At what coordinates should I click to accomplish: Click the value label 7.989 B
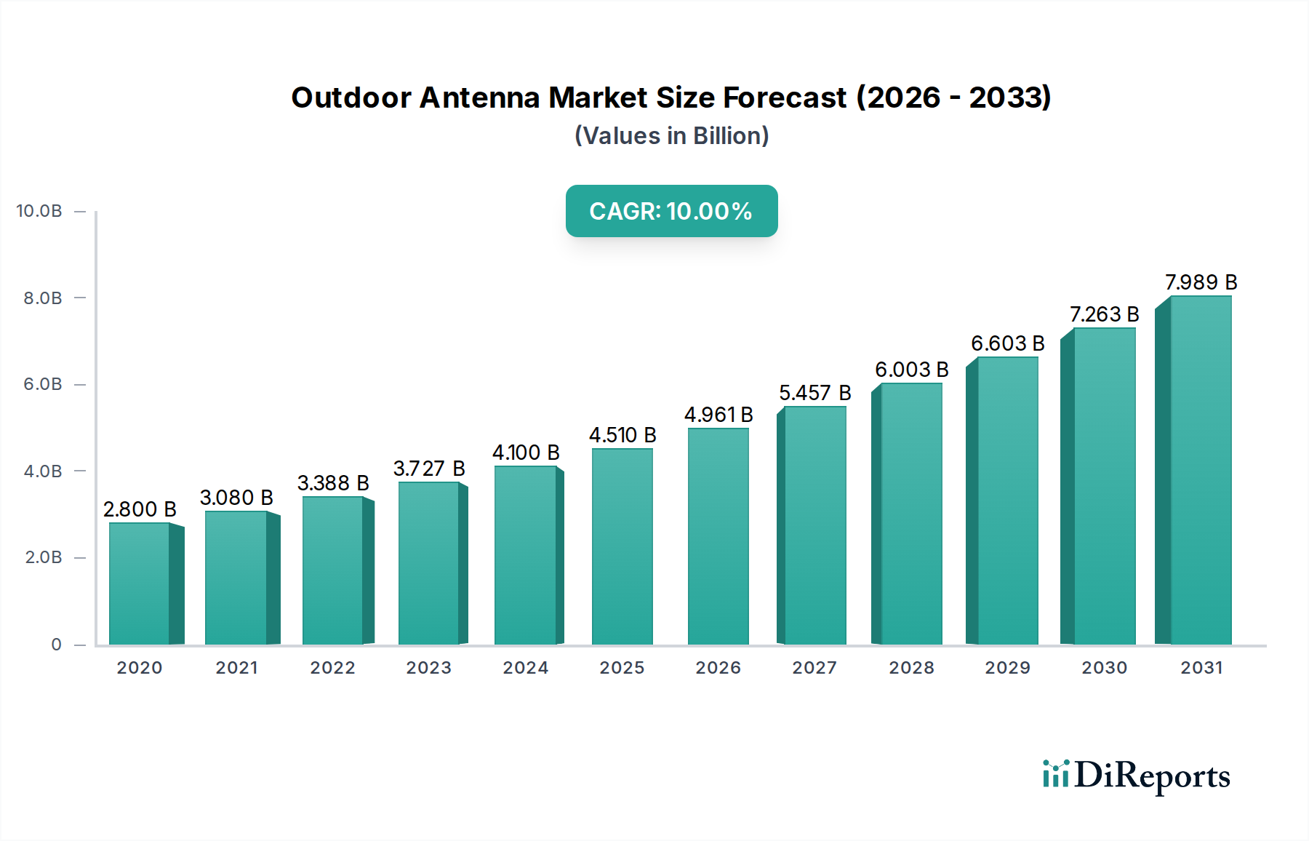(1201, 282)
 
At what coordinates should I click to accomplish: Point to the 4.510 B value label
(623, 435)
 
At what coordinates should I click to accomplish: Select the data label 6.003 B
(911, 370)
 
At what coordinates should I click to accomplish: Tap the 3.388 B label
(333, 483)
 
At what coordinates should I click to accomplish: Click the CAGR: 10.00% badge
(671, 211)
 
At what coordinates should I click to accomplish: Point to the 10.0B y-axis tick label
(39, 211)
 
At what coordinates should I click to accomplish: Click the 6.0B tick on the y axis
(43, 384)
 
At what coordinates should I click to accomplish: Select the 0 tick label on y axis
(56, 645)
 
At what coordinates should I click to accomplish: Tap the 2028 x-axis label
(911, 668)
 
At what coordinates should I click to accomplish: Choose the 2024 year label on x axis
(525, 668)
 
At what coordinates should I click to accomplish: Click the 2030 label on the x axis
(1104, 668)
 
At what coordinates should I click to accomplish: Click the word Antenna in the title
(479, 97)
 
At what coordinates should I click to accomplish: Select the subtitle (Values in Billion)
(671, 136)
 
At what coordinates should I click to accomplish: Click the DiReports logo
(1136, 776)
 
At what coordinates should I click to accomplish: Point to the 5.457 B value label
(814, 393)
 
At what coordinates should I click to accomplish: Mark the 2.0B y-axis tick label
(43, 557)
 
